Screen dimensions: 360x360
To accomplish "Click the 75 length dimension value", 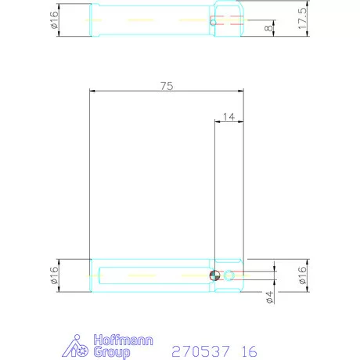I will pyautogui.click(x=166, y=85).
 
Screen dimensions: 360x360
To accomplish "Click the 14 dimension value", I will pyautogui.click(x=229, y=116).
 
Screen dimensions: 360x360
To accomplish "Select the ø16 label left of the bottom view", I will pyautogui.click(x=54, y=275).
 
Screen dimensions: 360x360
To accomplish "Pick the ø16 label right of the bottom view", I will pyautogui.click(x=303, y=275).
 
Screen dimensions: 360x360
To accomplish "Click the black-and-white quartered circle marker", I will pyautogui.click(x=215, y=275).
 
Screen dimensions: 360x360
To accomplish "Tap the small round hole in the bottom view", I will pyautogui.click(x=229, y=275).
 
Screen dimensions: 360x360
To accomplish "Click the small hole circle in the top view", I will pyautogui.click(x=212, y=22).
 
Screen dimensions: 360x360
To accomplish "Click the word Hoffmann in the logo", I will pyautogui.click(x=124, y=340).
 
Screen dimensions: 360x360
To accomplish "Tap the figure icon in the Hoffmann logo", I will pyautogui.click(x=78, y=346).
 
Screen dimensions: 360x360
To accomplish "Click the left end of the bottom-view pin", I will pyautogui.click(x=93, y=275).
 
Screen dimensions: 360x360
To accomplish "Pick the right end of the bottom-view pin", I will pyautogui.click(x=242, y=275).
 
